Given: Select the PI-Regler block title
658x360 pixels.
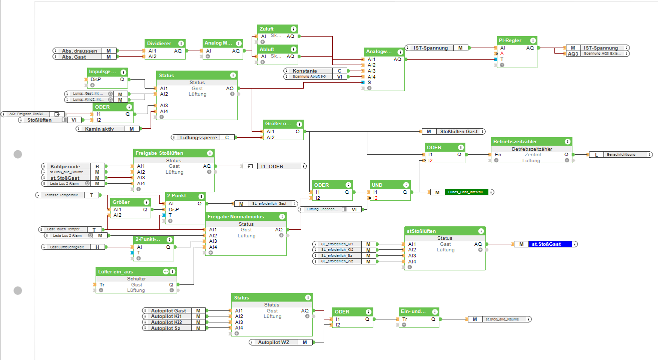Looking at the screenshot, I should [x=510, y=41].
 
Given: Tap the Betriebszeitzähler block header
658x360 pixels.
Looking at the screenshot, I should [x=524, y=142].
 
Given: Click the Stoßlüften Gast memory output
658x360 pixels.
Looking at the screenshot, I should [x=458, y=132].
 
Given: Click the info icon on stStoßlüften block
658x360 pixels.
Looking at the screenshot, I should [x=480, y=231].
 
